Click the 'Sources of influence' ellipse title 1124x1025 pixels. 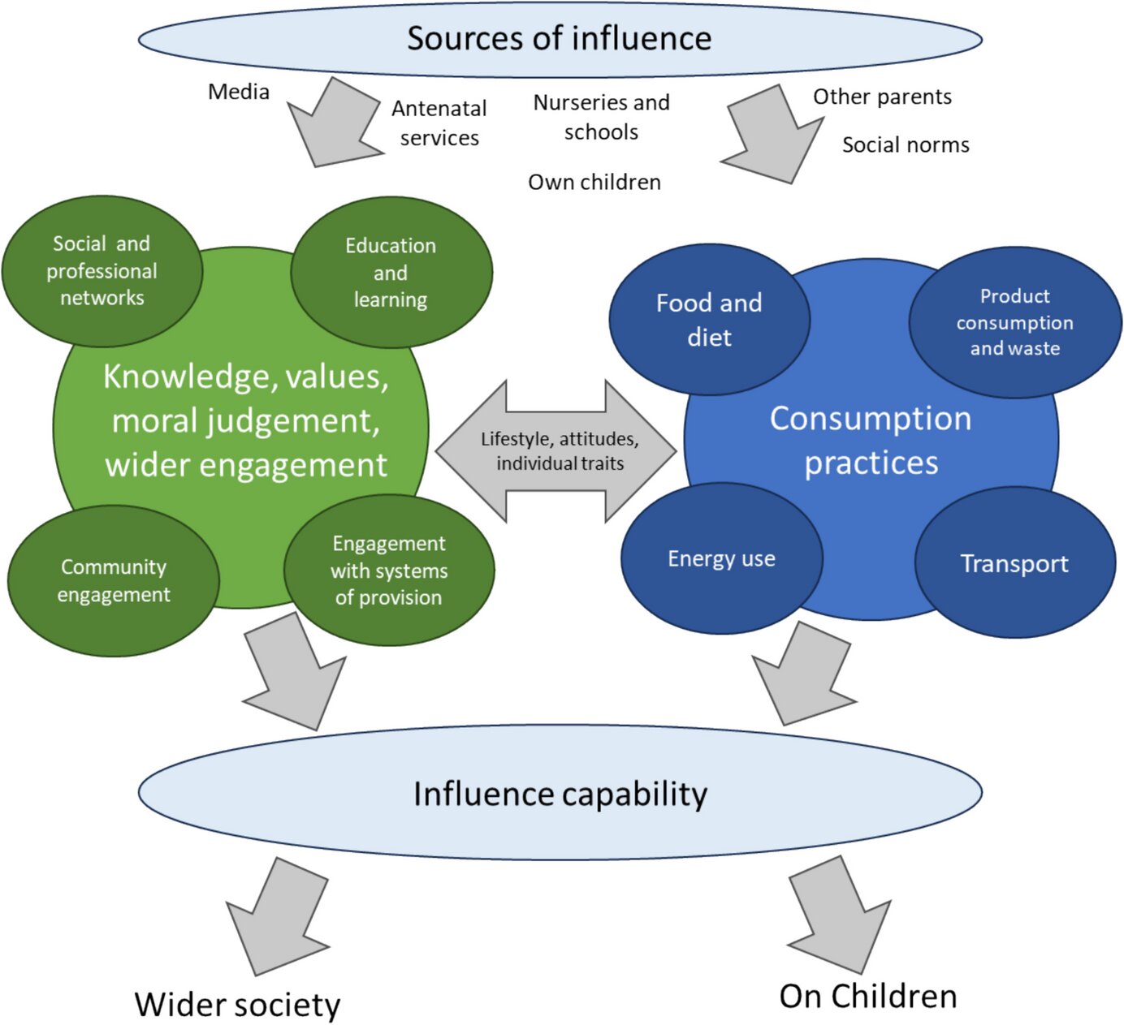click(x=560, y=39)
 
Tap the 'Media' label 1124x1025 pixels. click(x=239, y=92)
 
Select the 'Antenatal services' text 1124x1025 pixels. click(x=439, y=123)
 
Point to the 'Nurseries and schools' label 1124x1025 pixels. click(x=601, y=117)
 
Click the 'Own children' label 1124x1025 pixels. click(x=594, y=182)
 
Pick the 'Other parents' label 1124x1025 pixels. click(x=882, y=97)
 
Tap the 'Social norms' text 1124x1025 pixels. click(x=906, y=145)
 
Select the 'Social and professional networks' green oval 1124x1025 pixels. click(x=102, y=270)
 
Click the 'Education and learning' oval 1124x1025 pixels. click(x=391, y=273)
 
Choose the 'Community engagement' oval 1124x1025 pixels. click(x=114, y=580)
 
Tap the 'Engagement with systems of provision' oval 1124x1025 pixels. click(x=389, y=571)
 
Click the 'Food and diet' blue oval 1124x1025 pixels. click(x=709, y=320)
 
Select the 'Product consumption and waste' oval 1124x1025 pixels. click(x=1014, y=322)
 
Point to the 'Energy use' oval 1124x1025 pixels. click(x=721, y=558)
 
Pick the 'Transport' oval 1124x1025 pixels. click(x=1014, y=563)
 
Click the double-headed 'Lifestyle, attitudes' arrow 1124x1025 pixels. click(x=559, y=451)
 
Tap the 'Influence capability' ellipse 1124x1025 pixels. click(x=560, y=793)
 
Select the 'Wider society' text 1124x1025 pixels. click(x=237, y=1004)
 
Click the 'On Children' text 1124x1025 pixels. click(x=867, y=996)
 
